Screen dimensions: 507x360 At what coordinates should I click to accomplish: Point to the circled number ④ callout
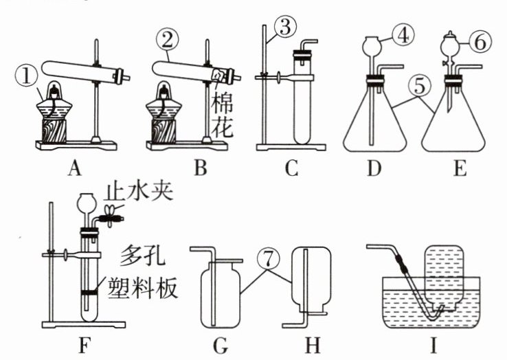coord(403,36)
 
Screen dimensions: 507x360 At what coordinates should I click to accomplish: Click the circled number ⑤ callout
coord(419,86)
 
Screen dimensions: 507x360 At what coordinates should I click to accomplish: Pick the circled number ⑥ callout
coord(480,42)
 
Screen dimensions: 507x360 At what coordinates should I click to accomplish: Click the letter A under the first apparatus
coord(75,168)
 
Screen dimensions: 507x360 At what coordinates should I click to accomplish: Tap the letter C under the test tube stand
coord(292,168)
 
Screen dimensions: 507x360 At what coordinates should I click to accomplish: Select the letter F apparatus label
coord(83,346)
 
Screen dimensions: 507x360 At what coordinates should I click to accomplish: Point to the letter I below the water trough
coord(433,346)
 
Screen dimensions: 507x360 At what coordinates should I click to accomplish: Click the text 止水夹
coord(138,192)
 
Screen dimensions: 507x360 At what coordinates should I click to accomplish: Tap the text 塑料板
coord(143,287)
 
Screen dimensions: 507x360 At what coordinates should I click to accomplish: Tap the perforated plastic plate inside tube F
coord(89,293)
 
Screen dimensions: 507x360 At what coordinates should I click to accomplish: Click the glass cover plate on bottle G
coord(226,260)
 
